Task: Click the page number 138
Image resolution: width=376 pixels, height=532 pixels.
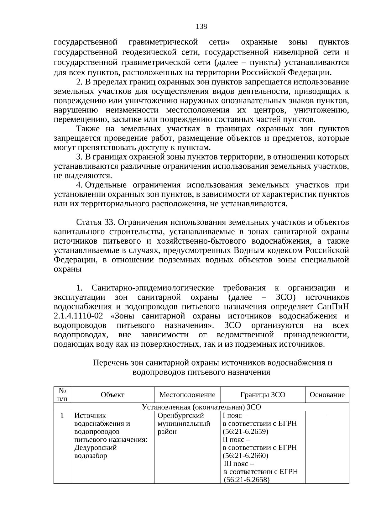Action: (x=201, y=27)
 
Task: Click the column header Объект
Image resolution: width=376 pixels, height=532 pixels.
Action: (x=112, y=395)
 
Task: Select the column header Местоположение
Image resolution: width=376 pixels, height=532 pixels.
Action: (x=187, y=395)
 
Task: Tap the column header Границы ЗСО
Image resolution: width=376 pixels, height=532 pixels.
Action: (x=263, y=395)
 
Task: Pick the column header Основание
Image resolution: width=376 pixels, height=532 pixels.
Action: (x=327, y=395)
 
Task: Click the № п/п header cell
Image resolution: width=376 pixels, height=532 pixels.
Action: (x=62, y=395)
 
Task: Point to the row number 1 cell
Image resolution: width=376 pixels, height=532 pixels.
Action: (x=62, y=416)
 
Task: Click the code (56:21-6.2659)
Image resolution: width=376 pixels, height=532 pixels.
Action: (x=245, y=432)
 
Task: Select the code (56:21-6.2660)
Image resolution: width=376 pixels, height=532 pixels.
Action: (x=245, y=456)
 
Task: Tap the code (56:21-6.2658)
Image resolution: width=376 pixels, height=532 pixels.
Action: (x=247, y=480)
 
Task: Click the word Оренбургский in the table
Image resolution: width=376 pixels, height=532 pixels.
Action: (x=181, y=416)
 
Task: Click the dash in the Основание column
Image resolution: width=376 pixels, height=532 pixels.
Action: (x=327, y=416)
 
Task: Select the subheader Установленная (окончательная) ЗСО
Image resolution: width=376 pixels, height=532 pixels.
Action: (x=201, y=407)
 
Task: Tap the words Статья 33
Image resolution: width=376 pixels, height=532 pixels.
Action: (x=96, y=222)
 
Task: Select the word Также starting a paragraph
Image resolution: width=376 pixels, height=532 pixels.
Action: (x=88, y=129)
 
